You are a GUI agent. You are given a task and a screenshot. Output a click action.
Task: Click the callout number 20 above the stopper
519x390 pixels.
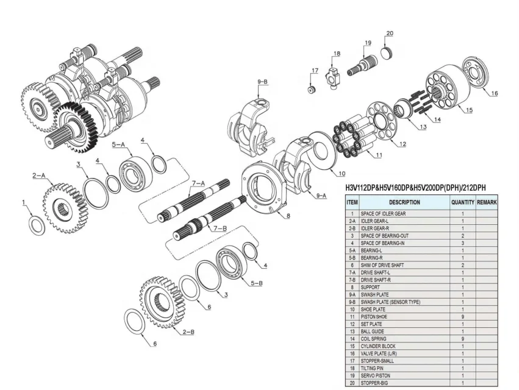[x=390, y=34]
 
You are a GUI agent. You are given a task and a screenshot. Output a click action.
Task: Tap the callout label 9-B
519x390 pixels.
[x=263, y=81]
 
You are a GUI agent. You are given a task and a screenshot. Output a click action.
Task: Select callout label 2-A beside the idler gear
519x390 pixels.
[x=38, y=175]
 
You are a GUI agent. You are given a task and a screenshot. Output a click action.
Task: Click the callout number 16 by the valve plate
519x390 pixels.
[x=494, y=93]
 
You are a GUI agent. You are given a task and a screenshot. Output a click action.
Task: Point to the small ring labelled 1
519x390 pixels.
[x=36, y=224]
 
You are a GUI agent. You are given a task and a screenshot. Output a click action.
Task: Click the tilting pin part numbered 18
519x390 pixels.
[x=335, y=77]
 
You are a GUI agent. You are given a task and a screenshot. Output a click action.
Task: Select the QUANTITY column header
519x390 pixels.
[x=463, y=202]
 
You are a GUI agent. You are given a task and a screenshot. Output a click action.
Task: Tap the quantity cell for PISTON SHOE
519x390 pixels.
[x=463, y=317]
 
